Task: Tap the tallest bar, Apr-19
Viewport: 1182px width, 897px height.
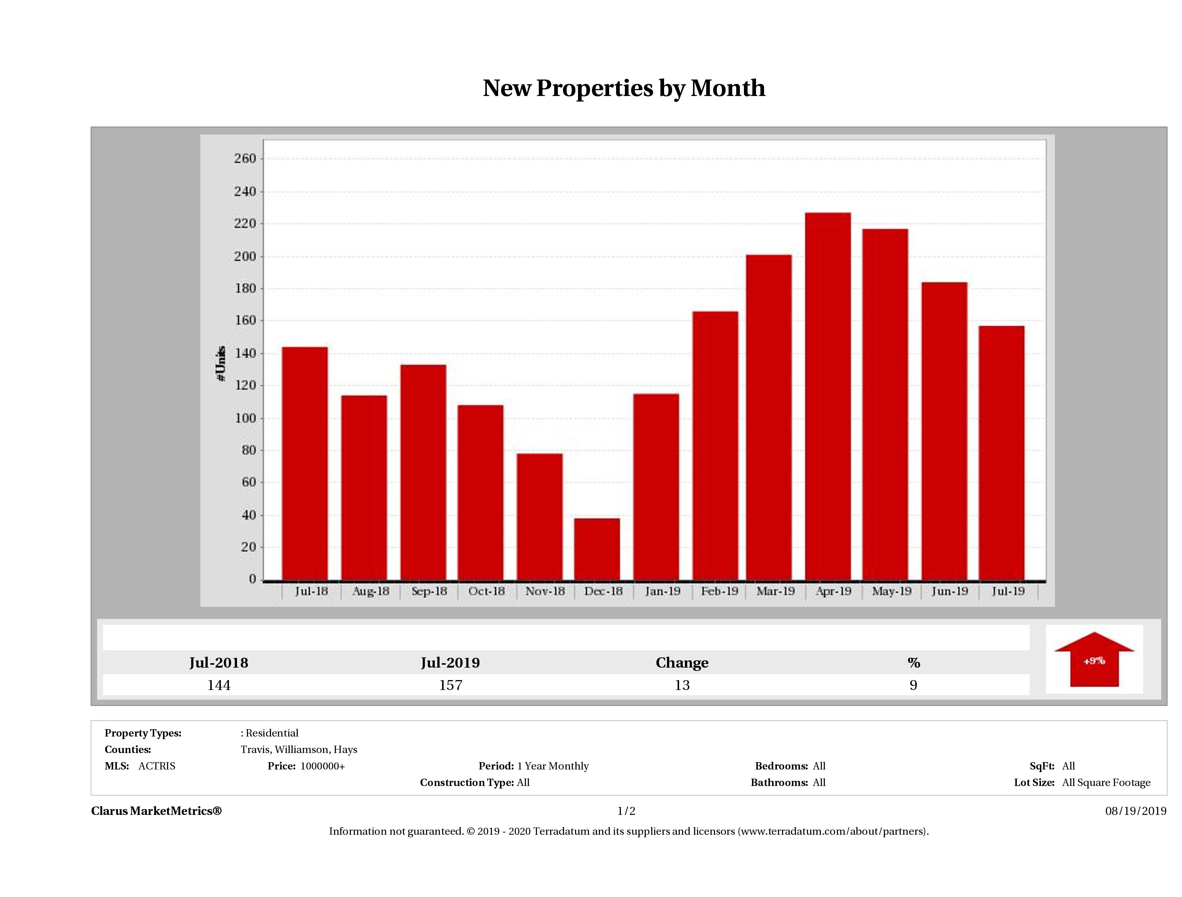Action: pos(828,396)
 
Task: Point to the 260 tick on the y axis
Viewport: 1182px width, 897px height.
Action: pos(245,159)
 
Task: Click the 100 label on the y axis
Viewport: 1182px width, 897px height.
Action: pos(245,418)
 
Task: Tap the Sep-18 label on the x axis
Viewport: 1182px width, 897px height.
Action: pos(429,591)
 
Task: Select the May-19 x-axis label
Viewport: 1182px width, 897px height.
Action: pos(891,591)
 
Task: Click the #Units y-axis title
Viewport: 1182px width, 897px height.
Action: pos(221,363)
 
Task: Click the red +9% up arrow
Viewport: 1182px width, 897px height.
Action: pos(1094,660)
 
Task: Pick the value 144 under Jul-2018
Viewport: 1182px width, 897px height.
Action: pos(219,685)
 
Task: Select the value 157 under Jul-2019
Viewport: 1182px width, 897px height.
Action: pos(451,685)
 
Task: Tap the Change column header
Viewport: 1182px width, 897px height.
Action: pos(682,663)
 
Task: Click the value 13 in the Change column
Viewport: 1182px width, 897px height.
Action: pos(682,685)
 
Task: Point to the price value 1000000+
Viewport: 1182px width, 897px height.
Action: pos(322,766)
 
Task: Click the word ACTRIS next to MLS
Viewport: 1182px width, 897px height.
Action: pos(156,766)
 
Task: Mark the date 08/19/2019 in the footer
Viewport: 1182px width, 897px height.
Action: pos(1135,811)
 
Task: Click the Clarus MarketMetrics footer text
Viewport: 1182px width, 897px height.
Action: pos(156,811)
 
